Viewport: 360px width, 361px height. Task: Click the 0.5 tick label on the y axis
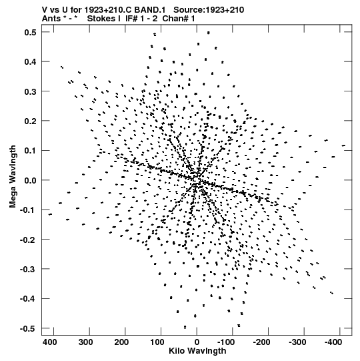[x=31, y=32]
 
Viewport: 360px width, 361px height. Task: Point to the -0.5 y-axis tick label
[x=28, y=328]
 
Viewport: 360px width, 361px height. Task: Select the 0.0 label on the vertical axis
[x=31, y=180]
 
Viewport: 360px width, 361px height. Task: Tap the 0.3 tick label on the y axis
[x=31, y=91]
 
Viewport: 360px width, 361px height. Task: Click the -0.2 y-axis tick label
[x=28, y=240]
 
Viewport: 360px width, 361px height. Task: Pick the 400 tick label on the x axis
[x=50, y=342]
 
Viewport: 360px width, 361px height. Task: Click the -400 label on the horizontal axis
[x=333, y=342]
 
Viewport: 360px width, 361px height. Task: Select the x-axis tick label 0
[x=197, y=342]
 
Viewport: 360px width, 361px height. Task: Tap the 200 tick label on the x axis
[x=121, y=342]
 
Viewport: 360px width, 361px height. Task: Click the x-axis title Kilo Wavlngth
[x=197, y=351]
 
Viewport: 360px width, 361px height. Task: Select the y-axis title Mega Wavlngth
[x=13, y=177]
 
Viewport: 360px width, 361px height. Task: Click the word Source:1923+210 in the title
[x=209, y=10]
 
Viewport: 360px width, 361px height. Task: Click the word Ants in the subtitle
[x=51, y=19]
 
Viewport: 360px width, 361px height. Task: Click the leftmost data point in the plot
[x=50, y=215]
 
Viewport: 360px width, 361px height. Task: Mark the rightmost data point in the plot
[x=343, y=145]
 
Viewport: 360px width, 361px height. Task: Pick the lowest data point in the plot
[x=185, y=327]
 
